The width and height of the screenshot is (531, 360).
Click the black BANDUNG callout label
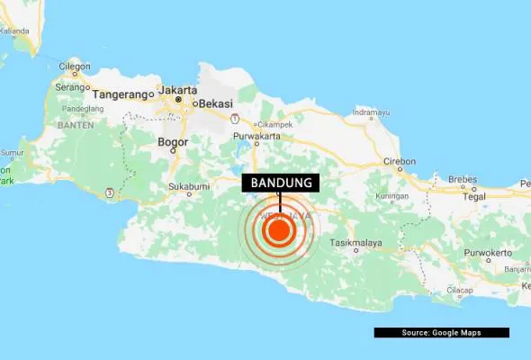[282, 184]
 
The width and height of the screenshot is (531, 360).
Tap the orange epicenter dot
[278, 232]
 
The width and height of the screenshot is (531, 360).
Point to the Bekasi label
[217, 103]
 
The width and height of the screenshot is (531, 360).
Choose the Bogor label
[173, 142]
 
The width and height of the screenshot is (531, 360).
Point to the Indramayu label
[371, 114]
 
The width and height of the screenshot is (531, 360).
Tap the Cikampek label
[275, 124]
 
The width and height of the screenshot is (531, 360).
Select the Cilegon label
[74, 66]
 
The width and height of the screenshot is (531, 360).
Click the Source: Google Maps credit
[441, 333]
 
